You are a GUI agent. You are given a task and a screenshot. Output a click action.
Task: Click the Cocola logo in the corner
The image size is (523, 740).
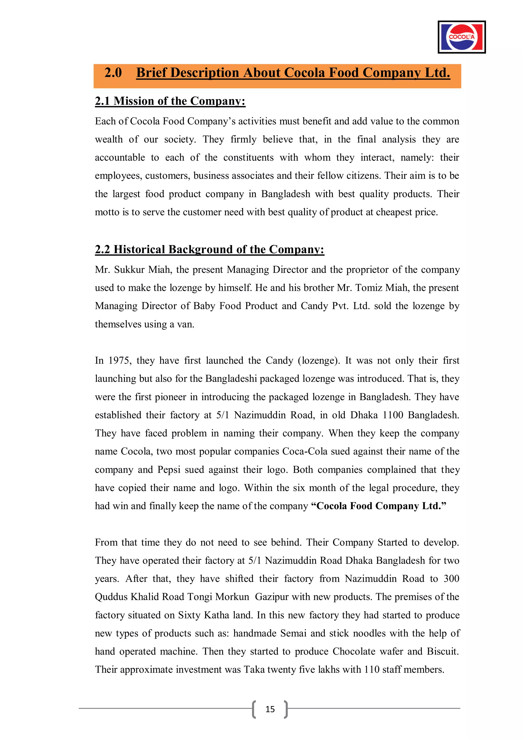click(461, 37)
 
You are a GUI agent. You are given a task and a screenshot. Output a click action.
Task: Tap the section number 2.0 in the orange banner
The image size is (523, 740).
click(113, 73)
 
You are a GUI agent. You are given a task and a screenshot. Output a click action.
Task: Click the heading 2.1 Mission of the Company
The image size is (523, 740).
click(170, 101)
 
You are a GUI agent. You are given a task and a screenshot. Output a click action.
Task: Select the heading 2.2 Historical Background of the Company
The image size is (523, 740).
click(209, 249)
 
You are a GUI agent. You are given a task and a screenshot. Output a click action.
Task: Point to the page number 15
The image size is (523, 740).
click(270, 709)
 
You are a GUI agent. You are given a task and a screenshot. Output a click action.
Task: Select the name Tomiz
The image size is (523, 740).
click(368, 288)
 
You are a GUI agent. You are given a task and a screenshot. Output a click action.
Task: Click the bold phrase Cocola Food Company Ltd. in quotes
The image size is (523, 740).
click(379, 506)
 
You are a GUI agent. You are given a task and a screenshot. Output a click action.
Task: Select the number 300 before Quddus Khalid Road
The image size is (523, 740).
click(451, 579)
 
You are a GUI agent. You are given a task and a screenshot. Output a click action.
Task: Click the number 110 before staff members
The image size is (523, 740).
click(372, 670)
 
